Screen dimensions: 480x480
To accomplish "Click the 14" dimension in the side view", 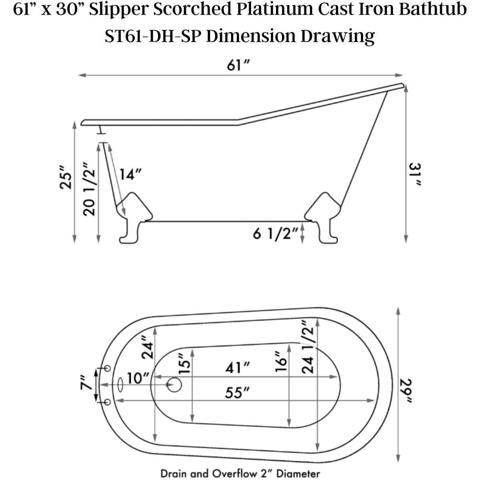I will [130, 174].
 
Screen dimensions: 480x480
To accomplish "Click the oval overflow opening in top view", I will [120, 385].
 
